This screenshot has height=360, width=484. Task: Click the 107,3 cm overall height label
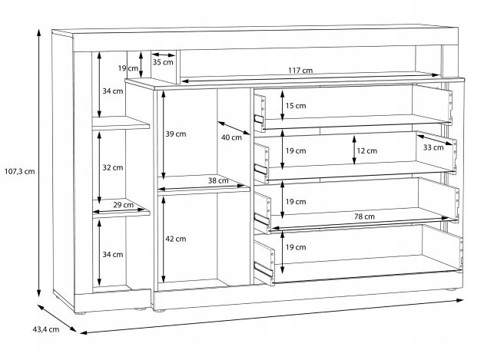pyautogui.click(x=21, y=171)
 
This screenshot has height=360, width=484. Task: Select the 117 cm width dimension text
pyautogui.click(x=300, y=71)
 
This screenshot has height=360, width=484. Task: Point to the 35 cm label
pyautogui.click(x=163, y=62)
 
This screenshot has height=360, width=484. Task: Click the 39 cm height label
pyautogui.click(x=176, y=134)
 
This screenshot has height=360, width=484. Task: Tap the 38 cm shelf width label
pyautogui.click(x=218, y=181)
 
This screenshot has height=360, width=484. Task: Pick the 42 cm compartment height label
pyautogui.click(x=176, y=239)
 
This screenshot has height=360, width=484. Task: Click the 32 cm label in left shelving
pyautogui.click(x=113, y=167)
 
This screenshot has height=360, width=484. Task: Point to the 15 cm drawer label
pyautogui.click(x=296, y=106)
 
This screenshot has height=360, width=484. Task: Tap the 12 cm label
pyautogui.click(x=367, y=151)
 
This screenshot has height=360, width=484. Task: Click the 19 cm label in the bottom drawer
pyautogui.click(x=296, y=247)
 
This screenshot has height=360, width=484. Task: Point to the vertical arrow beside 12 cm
pyautogui.click(x=353, y=150)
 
